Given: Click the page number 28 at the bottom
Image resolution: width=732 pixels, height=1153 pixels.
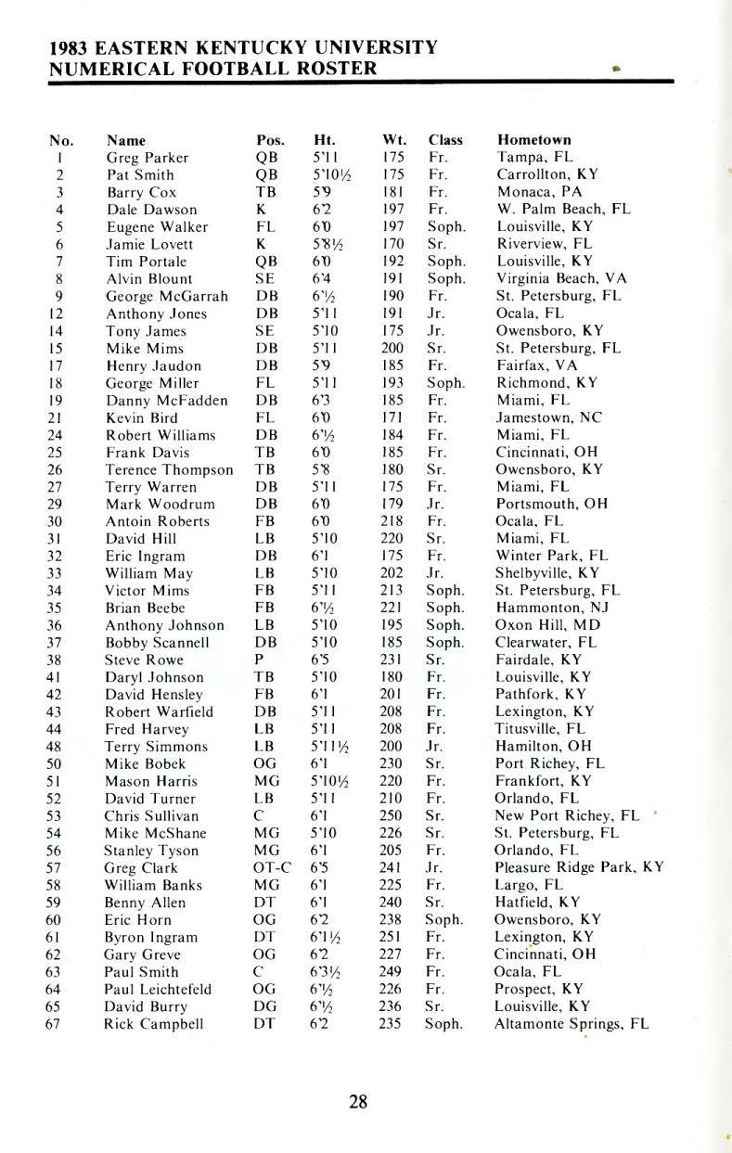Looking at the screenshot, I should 358,1102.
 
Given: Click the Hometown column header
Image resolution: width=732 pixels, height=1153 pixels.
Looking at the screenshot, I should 533,140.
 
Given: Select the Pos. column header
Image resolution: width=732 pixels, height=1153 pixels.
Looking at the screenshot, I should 270,140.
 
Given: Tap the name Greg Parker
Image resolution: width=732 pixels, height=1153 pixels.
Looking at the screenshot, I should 148,158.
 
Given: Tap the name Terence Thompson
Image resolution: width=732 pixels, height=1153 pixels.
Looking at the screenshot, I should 170,469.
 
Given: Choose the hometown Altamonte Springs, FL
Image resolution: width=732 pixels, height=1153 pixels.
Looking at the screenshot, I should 571,1024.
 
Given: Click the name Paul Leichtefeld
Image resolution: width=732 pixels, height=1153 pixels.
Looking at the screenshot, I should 159,990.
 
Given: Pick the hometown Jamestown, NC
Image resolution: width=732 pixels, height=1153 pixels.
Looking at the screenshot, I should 548,417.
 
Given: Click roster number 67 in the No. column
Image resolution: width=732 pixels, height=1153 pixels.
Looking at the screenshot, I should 58,1024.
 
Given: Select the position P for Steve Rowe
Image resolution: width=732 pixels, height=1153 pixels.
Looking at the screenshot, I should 260,660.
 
